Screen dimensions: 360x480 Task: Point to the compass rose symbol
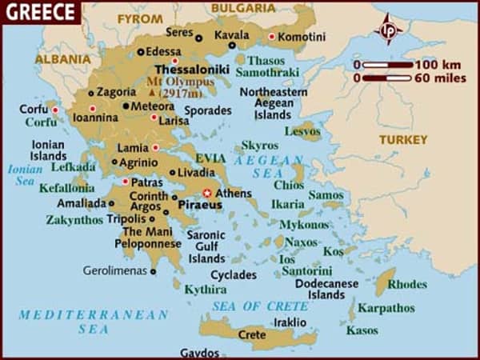click(390, 30)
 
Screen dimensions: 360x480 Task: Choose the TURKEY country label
click(403, 139)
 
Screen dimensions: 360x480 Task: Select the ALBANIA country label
click(62, 58)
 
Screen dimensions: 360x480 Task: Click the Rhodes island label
click(407, 283)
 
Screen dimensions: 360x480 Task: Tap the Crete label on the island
click(252, 334)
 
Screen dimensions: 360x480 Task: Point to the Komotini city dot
click(272, 36)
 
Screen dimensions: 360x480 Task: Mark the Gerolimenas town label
click(115, 270)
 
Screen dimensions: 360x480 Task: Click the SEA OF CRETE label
click(260, 306)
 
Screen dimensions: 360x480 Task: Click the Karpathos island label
click(385, 306)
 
